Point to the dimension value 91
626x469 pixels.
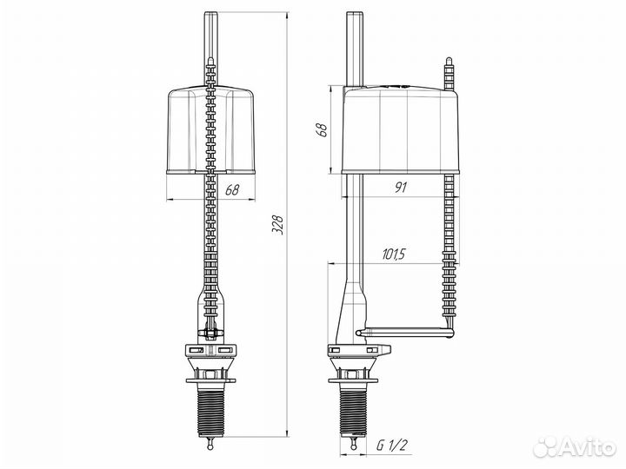(403, 186)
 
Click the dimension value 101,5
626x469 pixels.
(393, 254)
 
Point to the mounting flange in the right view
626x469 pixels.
(358, 350)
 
